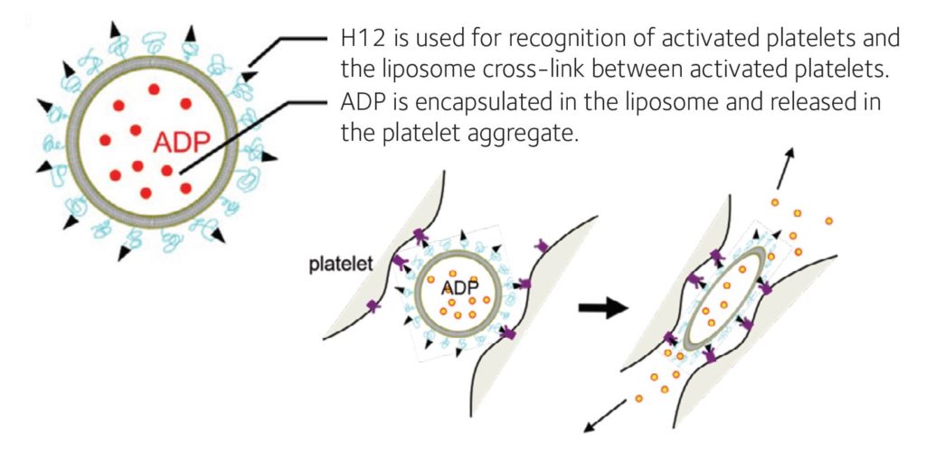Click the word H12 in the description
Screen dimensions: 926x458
[x=360, y=40]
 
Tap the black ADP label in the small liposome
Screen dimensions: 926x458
[x=459, y=288]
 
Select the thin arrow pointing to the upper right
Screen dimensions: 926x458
[x=784, y=169]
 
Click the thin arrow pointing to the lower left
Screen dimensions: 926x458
[x=603, y=416]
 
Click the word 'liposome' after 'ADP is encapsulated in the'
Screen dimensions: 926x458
[x=653, y=104]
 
